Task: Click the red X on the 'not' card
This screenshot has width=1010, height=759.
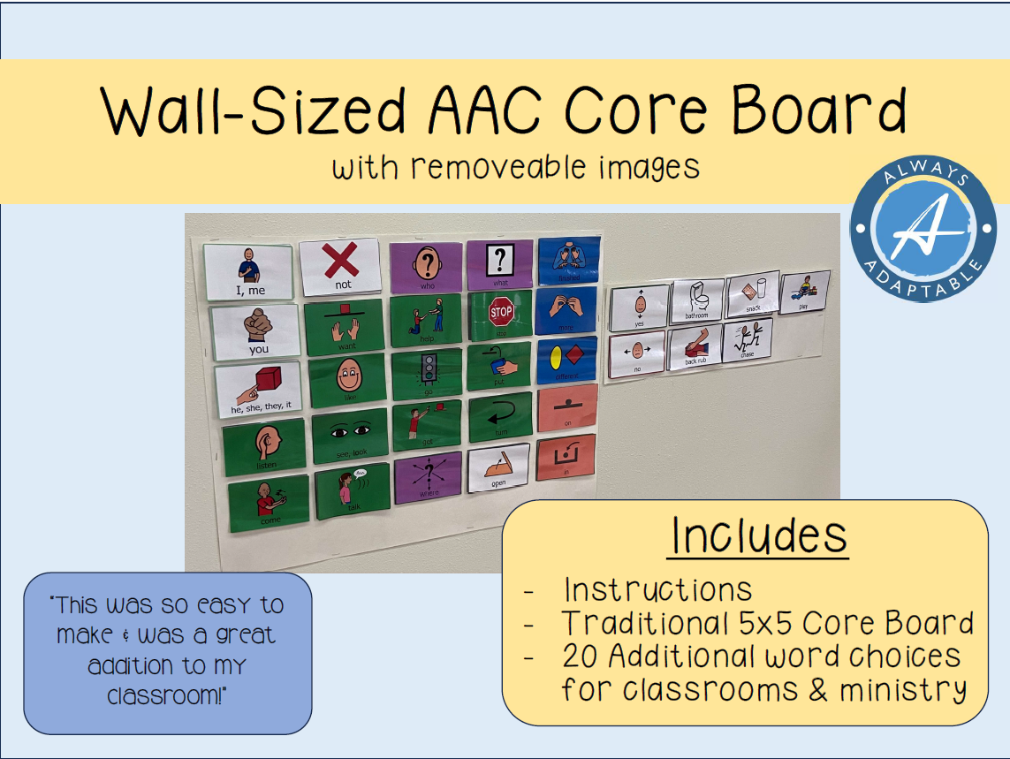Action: coord(340,262)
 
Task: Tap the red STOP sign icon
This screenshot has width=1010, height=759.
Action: coord(501,312)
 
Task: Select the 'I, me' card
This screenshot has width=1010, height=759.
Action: coord(248,271)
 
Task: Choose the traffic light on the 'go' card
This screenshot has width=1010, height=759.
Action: coord(429,368)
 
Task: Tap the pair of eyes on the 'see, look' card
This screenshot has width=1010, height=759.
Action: coord(350,430)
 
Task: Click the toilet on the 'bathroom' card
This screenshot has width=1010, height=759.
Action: coord(697,295)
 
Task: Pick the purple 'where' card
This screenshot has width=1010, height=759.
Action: coord(429,478)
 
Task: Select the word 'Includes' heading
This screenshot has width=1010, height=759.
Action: coord(759,535)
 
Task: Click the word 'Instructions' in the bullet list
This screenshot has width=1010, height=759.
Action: coord(657,589)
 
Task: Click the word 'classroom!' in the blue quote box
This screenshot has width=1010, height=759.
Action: coord(167,695)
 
